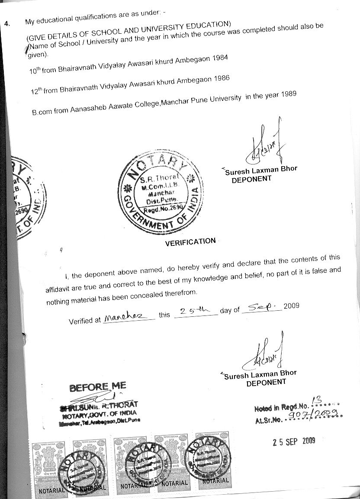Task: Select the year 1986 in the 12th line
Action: pos(220,79)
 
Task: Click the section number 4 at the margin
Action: pos(6,23)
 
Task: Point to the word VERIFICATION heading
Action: pos(190,242)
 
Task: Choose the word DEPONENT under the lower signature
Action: pos(266,382)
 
